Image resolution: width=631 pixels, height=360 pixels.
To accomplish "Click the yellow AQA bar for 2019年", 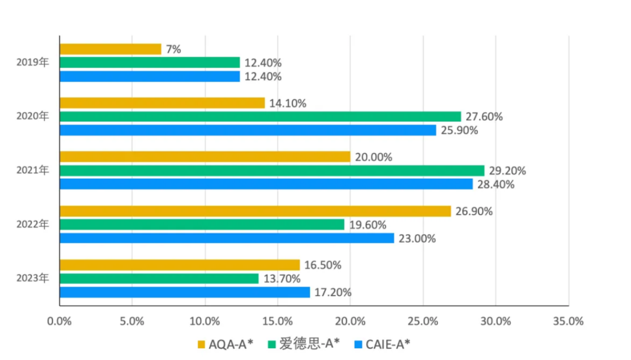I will [110, 49].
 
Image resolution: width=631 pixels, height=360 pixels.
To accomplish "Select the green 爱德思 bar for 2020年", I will [260, 116].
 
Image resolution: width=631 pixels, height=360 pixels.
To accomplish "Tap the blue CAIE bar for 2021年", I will [266, 184].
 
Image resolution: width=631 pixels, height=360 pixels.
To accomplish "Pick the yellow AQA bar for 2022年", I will [255, 211].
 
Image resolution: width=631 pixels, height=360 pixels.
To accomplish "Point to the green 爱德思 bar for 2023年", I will [159, 279].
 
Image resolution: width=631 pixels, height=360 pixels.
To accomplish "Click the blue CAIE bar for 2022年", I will [227, 238].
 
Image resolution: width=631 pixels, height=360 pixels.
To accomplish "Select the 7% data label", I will [174, 49].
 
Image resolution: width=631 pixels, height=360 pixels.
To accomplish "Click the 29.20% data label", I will [508, 171].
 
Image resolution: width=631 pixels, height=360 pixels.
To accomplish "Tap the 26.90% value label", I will [474, 211].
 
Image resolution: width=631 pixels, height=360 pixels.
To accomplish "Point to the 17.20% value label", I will [333, 292].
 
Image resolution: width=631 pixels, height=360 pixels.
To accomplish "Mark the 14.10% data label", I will [288, 103].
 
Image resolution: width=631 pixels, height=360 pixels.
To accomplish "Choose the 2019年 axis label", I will [33, 62].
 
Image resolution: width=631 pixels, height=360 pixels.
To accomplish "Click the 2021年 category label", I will [33, 170].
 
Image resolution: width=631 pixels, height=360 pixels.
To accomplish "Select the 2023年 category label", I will [33, 278].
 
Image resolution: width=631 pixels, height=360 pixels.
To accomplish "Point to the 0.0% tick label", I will [59, 321].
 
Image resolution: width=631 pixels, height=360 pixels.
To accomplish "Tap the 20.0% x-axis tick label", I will [350, 321].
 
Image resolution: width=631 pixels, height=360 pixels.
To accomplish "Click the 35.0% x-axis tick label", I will [568, 321].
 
